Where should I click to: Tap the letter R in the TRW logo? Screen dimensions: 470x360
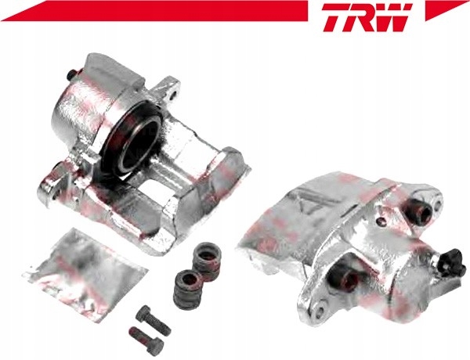point(363,17)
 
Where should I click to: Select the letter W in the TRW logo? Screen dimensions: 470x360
point(395,17)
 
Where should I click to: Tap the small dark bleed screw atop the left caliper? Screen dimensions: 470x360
point(71,74)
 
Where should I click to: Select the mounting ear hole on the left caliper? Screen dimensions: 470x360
point(172,95)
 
